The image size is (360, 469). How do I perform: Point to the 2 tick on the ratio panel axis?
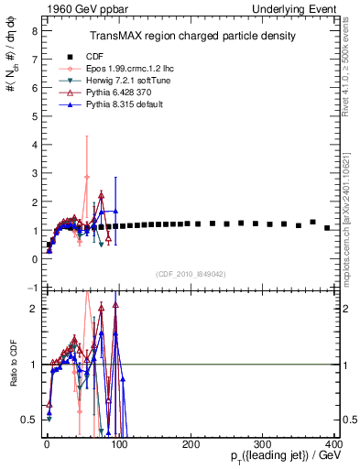[33, 309]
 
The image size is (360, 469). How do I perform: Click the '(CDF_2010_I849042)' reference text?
[191, 274]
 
